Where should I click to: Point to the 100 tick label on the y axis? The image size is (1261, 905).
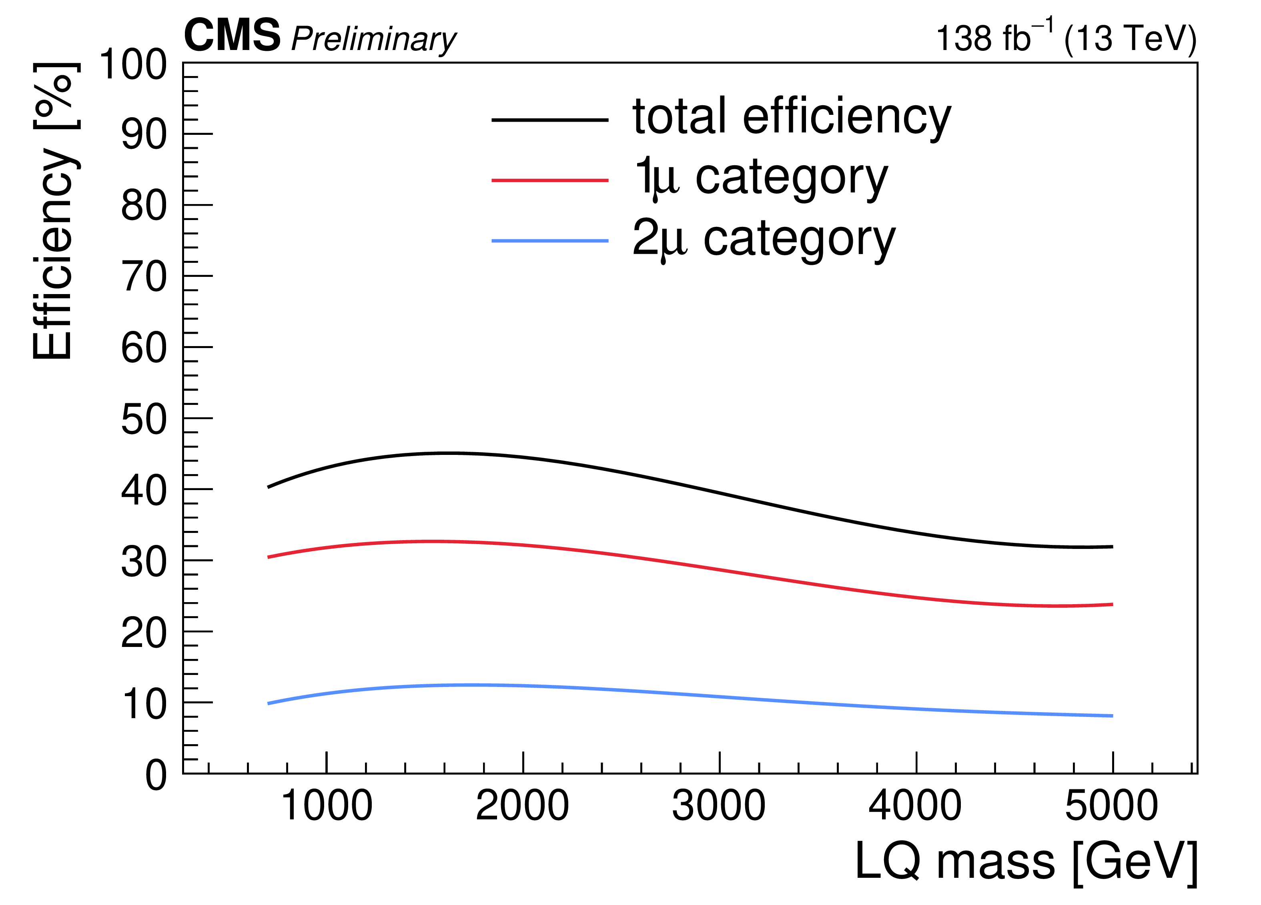(x=133, y=64)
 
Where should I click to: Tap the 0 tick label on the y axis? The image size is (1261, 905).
(x=156, y=775)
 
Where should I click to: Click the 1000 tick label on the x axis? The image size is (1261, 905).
(x=327, y=806)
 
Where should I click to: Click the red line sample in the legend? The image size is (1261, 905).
(x=550, y=180)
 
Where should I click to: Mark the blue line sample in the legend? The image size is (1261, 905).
(x=550, y=241)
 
